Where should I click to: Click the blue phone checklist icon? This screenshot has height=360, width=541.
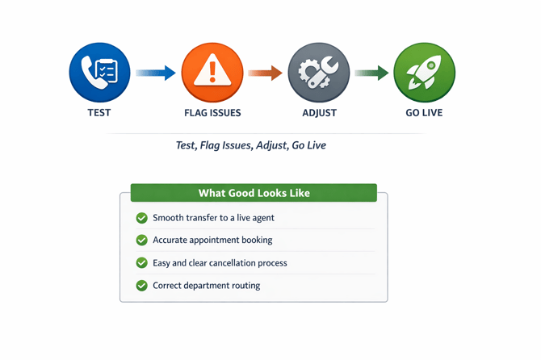[99, 73]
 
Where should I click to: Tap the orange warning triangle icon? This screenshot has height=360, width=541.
[212, 73]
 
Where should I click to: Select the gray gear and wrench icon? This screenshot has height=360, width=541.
[319, 73]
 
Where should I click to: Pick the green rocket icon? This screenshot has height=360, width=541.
[424, 73]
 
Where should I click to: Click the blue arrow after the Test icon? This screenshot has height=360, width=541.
[156, 73]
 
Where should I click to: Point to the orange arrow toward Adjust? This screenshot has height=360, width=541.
[265, 73]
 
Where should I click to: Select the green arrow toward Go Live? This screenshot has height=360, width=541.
[371, 73]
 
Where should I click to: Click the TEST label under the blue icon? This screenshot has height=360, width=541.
[99, 113]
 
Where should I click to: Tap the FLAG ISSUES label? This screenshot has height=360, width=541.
[212, 113]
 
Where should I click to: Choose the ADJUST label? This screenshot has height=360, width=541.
[319, 113]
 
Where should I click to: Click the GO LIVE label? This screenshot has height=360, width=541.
[424, 113]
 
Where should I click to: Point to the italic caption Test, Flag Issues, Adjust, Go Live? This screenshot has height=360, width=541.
[250, 145]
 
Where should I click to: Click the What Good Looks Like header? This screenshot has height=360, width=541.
[254, 193]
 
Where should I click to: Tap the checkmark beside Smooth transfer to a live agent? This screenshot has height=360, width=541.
[142, 218]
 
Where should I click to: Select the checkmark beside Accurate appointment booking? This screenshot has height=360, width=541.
[142, 240]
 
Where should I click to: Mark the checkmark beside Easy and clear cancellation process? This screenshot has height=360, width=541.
[142, 263]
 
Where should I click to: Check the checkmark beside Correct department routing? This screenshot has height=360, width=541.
[142, 286]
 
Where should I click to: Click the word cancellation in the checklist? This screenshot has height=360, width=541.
[229, 263]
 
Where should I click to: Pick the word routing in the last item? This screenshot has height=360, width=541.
[245, 286]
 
